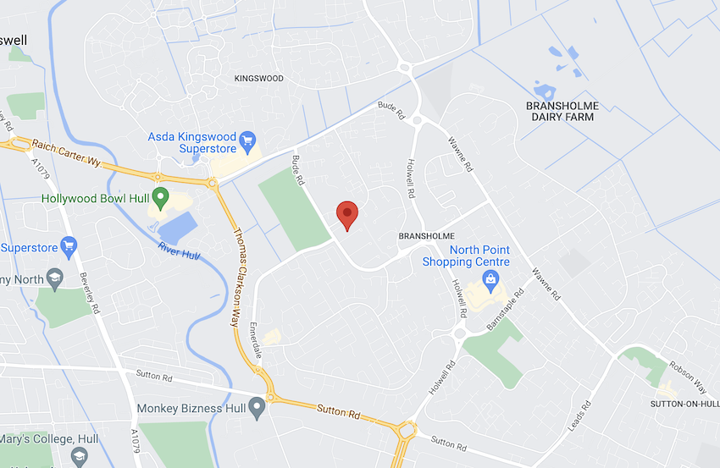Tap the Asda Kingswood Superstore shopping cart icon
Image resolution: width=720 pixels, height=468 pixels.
coord(247,139)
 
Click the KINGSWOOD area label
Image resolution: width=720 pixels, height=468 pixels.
coord(258,78)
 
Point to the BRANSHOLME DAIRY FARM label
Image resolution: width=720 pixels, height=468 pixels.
coord(562,111)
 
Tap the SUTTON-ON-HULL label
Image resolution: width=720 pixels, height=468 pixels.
coord(684,405)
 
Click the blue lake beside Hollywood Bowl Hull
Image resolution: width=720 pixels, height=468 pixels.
coord(178,227)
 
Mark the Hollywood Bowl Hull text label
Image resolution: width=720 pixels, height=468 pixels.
coord(95,199)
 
